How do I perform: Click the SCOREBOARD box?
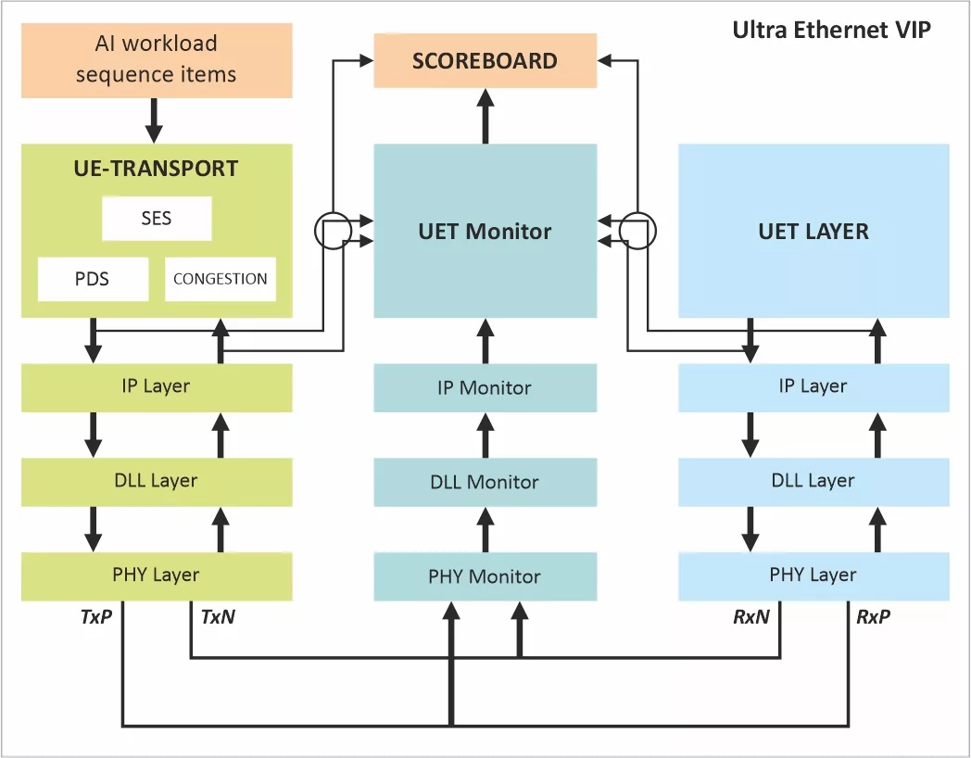pos(485,61)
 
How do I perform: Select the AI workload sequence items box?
pos(156,59)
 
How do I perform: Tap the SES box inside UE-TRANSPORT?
pos(157,220)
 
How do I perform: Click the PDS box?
pos(93,279)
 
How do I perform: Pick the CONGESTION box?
pos(220,279)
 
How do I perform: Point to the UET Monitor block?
pos(485,231)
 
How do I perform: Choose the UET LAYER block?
pos(813,231)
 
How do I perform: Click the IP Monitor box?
pos(485,387)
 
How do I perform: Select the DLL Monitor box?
pos(485,482)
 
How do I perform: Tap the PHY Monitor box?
pos(485,576)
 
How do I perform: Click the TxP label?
pos(96,616)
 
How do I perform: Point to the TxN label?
pos(218,616)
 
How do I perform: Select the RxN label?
pos(751,616)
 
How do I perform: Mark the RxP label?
pos(873,616)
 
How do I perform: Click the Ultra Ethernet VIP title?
pos(831,30)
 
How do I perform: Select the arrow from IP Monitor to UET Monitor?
pos(485,340)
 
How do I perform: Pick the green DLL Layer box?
pos(156,481)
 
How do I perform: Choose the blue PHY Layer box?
pos(813,575)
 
